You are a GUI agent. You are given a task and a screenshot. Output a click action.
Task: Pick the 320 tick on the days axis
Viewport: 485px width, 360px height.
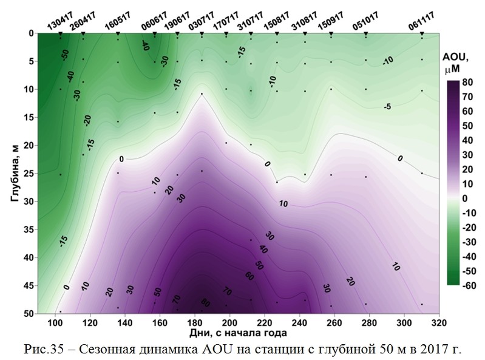point(439,322)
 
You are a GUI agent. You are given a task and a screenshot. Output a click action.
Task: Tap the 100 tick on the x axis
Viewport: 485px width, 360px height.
point(55,322)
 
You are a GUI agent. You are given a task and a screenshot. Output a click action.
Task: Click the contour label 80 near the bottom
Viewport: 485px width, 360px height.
point(206,304)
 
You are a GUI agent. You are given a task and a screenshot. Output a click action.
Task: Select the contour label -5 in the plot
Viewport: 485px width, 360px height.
point(387,107)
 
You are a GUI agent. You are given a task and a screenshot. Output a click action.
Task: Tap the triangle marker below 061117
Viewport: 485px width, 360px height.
point(422,34)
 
